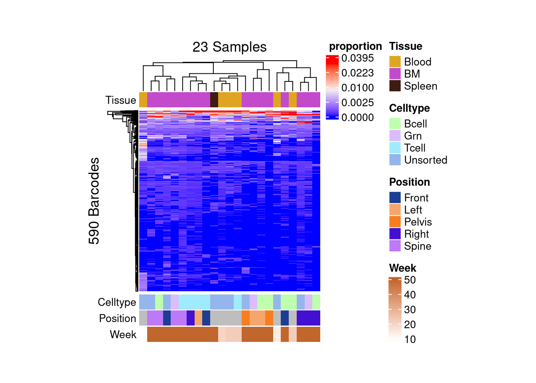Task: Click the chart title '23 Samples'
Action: tap(229, 47)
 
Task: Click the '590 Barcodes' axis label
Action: tap(94, 201)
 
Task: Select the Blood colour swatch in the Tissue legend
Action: tap(395, 62)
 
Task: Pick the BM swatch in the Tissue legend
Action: tap(395, 74)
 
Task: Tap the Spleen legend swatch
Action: tap(395, 86)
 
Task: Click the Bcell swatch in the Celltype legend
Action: tap(395, 124)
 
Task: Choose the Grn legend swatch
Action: tap(395, 136)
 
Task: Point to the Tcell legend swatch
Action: tap(395, 148)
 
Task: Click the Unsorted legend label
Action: tap(426, 160)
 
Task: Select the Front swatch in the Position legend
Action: tap(395, 197)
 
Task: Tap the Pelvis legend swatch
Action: tap(395, 222)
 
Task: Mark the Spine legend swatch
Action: tap(395, 246)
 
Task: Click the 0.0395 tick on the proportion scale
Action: tap(357, 58)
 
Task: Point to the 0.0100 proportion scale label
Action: tap(357, 88)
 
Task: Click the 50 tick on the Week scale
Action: tap(410, 280)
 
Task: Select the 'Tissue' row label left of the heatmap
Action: tap(121, 100)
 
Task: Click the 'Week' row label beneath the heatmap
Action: tap(123, 334)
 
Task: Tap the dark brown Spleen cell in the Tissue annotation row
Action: tap(214, 100)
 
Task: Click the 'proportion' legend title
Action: tap(355, 46)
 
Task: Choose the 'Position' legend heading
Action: tap(410, 182)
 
